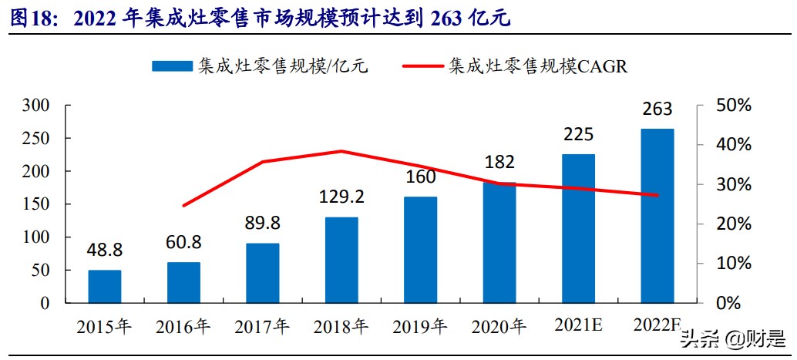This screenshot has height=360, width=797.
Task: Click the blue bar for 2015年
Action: click(x=104, y=286)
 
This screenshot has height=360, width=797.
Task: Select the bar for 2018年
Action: click(x=341, y=260)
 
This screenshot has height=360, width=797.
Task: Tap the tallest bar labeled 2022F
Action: click(x=657, y=216)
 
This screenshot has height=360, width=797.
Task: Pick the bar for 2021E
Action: click(x=578, y=228)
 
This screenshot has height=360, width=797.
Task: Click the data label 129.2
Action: click(x=341, y=197)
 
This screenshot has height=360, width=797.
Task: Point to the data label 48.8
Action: click(x=104, y=250)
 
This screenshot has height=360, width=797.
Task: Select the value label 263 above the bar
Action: click(x=657, y=109)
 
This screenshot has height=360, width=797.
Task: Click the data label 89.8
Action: click(x=262, y=224)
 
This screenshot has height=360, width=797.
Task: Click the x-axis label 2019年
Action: click(x=420, y=326)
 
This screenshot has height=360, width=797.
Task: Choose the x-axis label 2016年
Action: click(x=183, y=326)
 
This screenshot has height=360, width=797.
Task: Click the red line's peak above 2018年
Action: click(x=341, y=151)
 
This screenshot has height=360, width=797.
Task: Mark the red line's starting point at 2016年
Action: click(x=183, y=206)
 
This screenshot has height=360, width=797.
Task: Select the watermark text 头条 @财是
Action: click(x=732, y=338)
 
